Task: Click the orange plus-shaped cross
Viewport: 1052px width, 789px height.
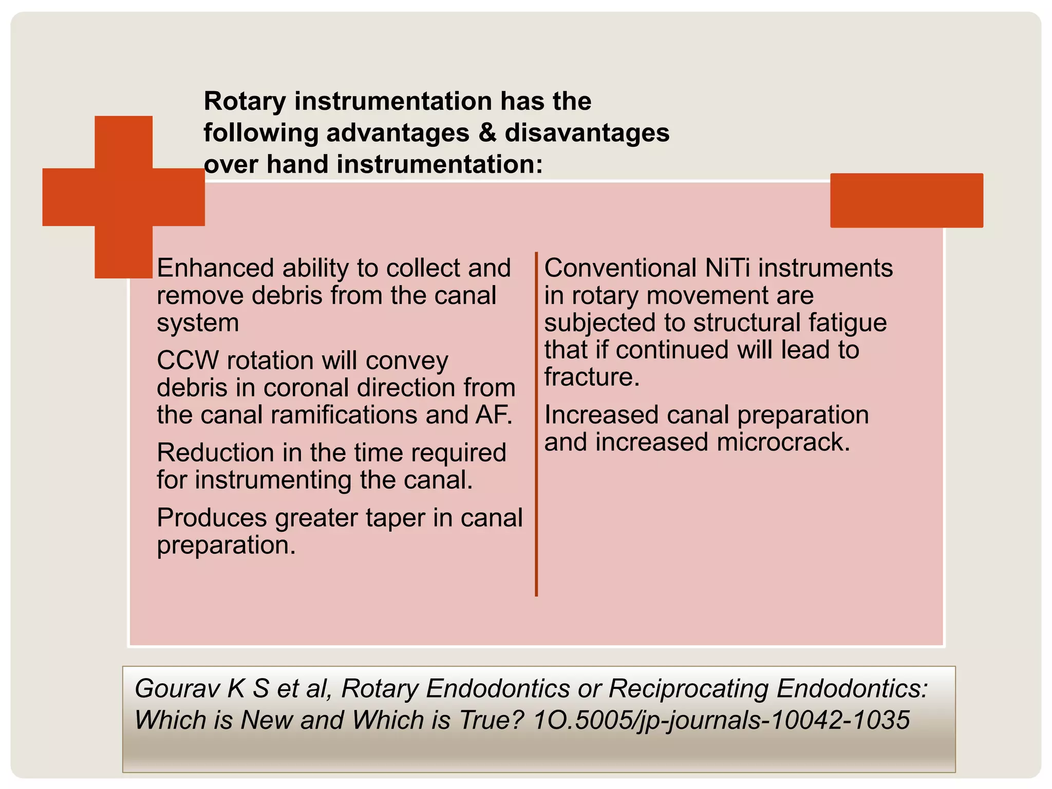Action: pos(123,197)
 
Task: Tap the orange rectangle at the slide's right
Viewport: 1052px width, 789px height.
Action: pos(907,200)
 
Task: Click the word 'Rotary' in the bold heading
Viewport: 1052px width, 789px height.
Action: pos(245,101)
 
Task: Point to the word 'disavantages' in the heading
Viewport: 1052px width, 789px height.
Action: pos(587,133)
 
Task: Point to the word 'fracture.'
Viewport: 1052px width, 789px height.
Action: pos(592,377)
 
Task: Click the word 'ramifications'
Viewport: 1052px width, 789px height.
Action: pos(344,415)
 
